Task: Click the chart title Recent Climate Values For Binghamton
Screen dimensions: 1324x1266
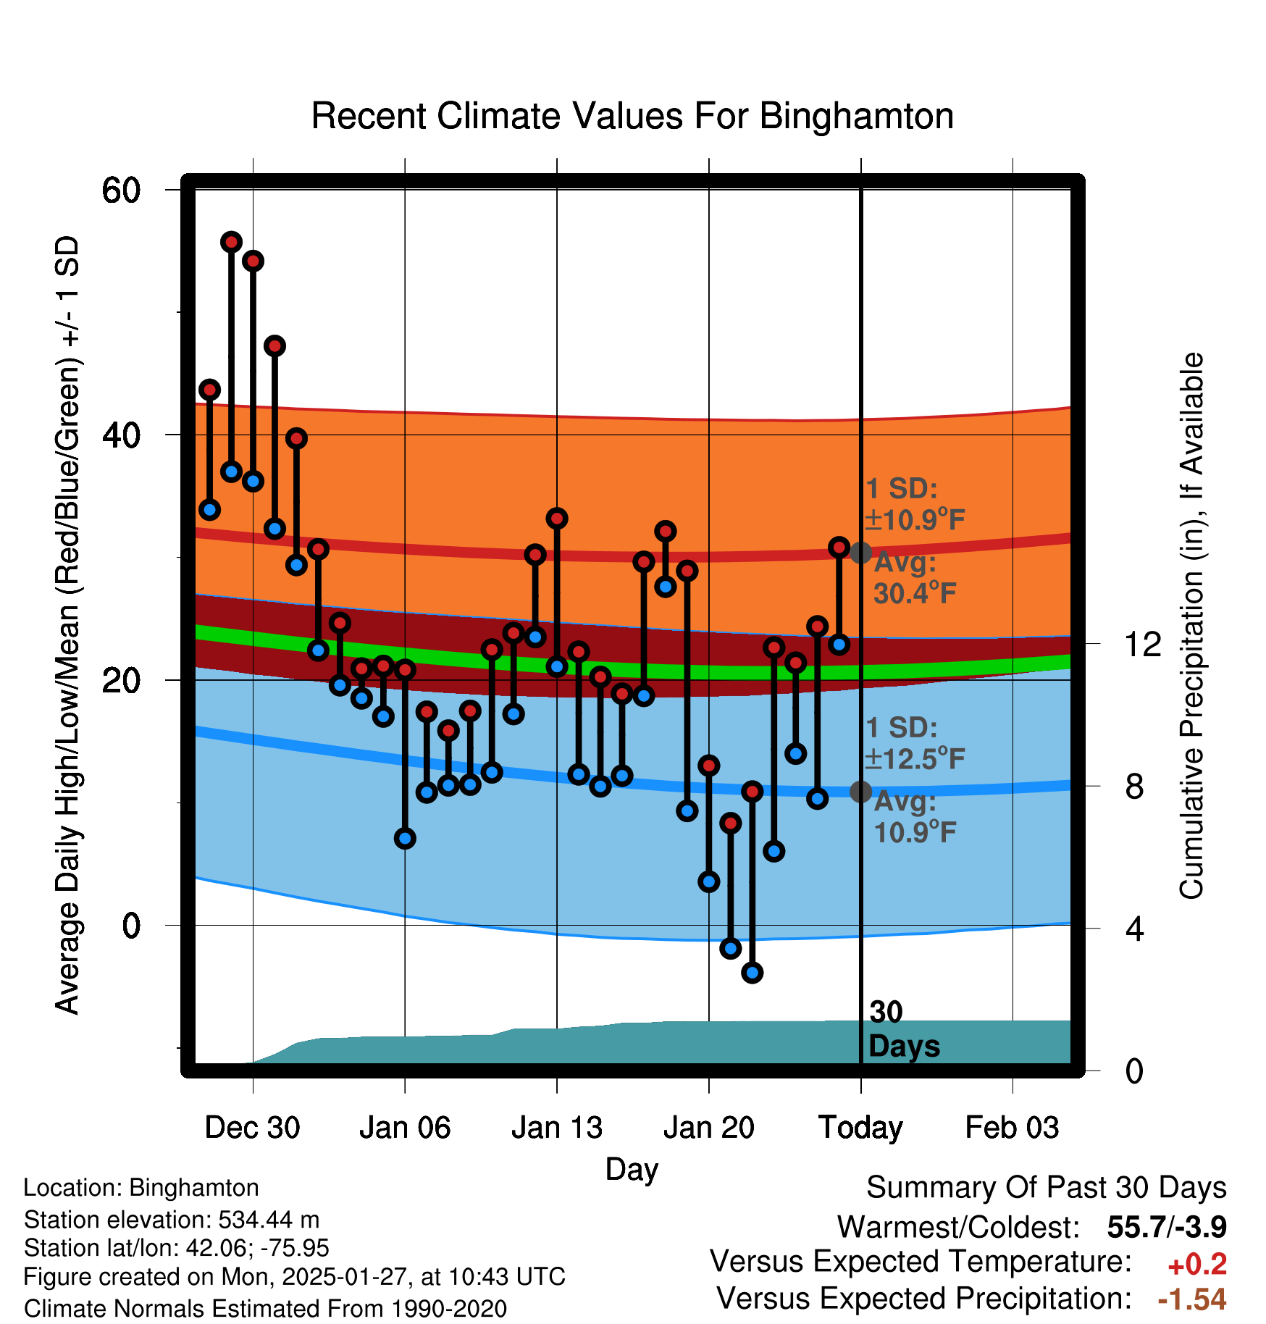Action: pyautogui.click(x=632, y=117)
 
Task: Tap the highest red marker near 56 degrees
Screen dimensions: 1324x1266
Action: pyautogui.click(x=231, y=242)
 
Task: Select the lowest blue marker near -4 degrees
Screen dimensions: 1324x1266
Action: pyautogui.click(x=753, y=973)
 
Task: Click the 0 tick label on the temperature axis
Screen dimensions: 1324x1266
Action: pyautogui.click(x=131, y=926)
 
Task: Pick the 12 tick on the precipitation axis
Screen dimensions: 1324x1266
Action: pyautogui.click(x=1144, y=644)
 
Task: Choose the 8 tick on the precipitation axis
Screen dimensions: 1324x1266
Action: pyautogui.click(x=1135, y=787)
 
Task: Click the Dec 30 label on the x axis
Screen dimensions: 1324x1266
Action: pyautogui.click(x=252, y=1128)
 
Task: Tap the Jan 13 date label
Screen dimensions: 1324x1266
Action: pyautogui.click(x=556, y=1128)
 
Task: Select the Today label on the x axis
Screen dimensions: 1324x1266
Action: pyautogui.click(x=860, y=1128)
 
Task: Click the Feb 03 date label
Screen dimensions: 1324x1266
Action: pyautogui.click(x=1012, y=1128)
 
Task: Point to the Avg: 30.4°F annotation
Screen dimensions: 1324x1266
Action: pyautogui.click(x=914, y=579)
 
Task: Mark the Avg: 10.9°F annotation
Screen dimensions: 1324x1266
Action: pyautogui.click(x=914, y=818)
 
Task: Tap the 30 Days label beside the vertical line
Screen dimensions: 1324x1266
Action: pyautogui.click(x=903, y=1029)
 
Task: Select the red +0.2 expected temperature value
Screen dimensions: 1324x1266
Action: pyautogui.click(x=1197, y=1265)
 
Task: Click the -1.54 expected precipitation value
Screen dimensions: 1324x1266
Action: pyautogui.click(x=1192, y=1299)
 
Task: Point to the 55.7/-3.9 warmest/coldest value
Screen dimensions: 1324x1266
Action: pyautogui.click(x=1166, y=1228)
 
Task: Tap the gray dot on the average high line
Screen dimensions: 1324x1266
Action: pyautogui.click(x=860, y=553)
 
